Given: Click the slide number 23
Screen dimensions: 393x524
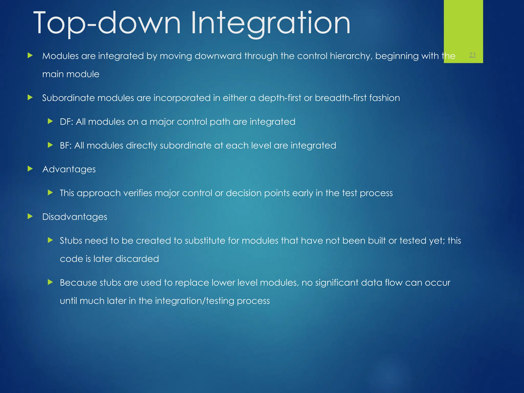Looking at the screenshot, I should click(472, 55).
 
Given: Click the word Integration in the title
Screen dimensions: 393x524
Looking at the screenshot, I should click(270, 24).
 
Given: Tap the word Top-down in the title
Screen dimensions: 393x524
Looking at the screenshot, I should click(107, 24).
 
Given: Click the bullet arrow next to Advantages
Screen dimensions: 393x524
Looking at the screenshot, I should click(30, 169).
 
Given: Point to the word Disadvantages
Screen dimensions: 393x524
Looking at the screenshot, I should click(74, 217).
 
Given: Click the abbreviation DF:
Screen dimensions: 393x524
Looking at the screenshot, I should click(66, 122).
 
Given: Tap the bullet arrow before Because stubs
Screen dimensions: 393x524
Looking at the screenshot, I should click(50, 282).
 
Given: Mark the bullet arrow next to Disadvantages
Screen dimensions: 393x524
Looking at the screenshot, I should click(30, 217).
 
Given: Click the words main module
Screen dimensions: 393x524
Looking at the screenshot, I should click(71, 74).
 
